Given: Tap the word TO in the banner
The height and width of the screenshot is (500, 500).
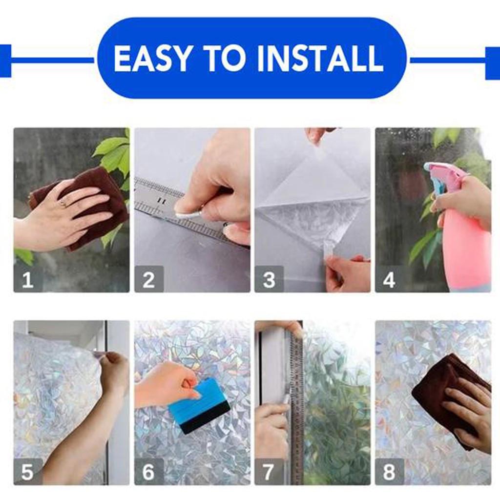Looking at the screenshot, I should point(226,59).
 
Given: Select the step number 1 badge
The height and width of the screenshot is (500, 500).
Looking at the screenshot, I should point(28,280).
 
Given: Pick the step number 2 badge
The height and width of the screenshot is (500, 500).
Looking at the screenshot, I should point(148,280).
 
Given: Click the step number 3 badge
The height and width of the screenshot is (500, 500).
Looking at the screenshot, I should point(269,280).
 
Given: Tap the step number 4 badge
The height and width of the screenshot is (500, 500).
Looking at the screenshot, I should point(389,280).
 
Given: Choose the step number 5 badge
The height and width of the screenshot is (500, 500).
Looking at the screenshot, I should point(28,472).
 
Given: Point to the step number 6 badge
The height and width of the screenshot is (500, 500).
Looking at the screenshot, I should point(148,472).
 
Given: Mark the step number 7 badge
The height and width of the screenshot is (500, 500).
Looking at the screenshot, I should point(269,472).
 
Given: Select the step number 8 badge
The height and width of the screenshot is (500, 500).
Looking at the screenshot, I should point(389,472).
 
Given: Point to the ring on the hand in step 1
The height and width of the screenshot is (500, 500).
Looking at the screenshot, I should point(63,204).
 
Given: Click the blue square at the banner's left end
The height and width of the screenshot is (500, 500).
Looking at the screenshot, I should point(4,61).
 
